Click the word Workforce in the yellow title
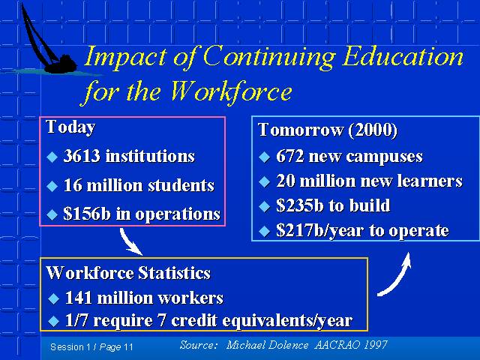231,91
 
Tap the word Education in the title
403,56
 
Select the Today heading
70,127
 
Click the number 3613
82,155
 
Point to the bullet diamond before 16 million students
52,186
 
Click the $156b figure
87,213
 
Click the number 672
290,156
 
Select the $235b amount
300,205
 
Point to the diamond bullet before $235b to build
264,206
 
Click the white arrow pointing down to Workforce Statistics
130,241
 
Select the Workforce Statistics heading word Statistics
174,273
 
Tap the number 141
79,298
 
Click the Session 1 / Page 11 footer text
91,347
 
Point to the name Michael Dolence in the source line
267,345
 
